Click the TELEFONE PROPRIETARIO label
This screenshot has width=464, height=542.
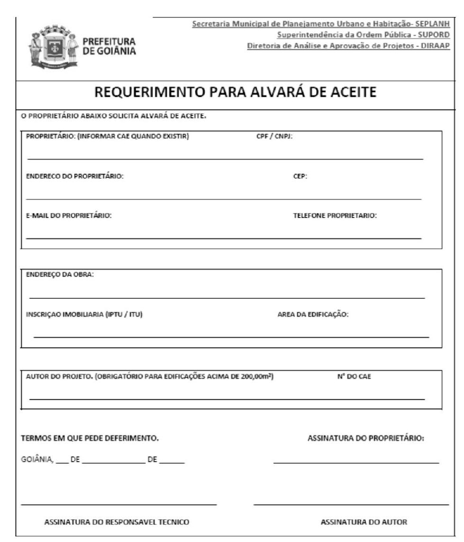click(335, 215)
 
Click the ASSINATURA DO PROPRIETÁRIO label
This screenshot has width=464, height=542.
click(366, 438)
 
